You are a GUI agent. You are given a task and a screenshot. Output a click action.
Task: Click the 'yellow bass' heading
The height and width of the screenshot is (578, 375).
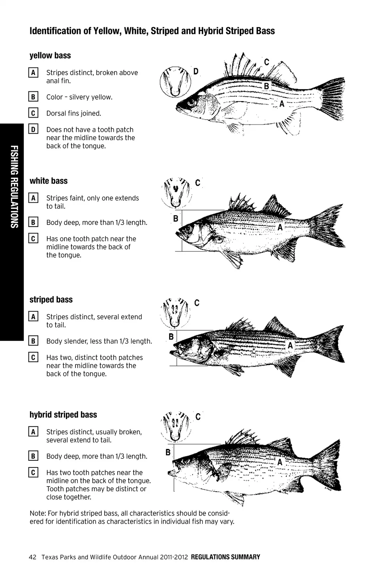(x=50, y=55)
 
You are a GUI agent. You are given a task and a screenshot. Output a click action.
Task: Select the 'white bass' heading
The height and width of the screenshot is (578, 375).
(x=48, y=181)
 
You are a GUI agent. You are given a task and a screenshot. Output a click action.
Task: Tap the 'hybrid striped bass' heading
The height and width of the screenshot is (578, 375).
(x=63, y=414)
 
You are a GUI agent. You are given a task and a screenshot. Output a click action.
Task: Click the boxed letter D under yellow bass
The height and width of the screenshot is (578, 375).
(x=33, y=129)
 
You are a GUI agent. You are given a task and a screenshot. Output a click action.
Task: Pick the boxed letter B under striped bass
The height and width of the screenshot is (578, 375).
(x=33, y=341)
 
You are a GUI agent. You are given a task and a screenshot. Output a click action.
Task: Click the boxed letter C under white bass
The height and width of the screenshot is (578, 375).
(x=33, y=238)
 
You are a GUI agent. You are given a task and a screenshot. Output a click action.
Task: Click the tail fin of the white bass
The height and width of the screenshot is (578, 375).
(x=328, y=225)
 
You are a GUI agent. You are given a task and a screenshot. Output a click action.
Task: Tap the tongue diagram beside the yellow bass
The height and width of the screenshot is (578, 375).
(x=175, y=82)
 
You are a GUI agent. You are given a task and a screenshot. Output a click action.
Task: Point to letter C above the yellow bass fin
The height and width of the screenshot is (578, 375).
(x=267, y=62)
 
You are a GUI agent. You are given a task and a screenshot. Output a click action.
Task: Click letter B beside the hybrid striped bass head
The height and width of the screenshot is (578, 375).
(x=168, y=452)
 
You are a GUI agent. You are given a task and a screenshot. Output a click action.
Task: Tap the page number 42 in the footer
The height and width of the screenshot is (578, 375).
(x=32, y=557)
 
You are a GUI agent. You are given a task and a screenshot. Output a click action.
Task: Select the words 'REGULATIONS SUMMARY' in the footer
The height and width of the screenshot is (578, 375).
(x=225, y=557)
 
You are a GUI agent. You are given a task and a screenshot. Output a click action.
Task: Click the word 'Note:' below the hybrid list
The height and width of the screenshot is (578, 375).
(x=37, y=513)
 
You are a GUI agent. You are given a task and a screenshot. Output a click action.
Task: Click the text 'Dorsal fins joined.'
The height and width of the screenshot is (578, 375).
(x=73, y=113)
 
